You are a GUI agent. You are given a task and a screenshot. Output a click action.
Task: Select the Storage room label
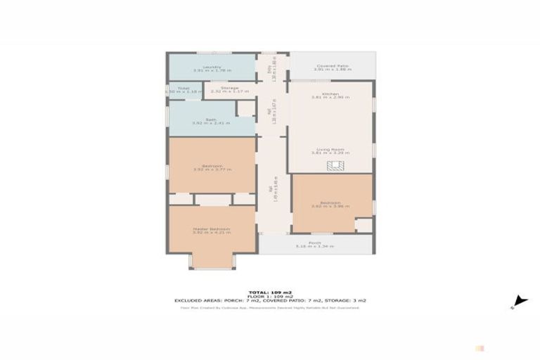(x=229, y=89)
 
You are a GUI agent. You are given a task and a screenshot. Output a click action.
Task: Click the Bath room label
(x=210, y=121)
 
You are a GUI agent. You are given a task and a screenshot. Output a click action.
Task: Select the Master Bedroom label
(x=211, y=230)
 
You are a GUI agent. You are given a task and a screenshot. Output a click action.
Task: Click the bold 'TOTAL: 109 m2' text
(x=269, y=292)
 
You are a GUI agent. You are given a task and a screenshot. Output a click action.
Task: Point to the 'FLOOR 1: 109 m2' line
(x=269, y=296)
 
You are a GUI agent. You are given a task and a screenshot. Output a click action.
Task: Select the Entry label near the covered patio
(x=271, y=68)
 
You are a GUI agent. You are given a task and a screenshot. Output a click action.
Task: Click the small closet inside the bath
(x=245, y=108)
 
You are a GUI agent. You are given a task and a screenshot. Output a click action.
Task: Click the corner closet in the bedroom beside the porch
(x=364, y=225)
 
